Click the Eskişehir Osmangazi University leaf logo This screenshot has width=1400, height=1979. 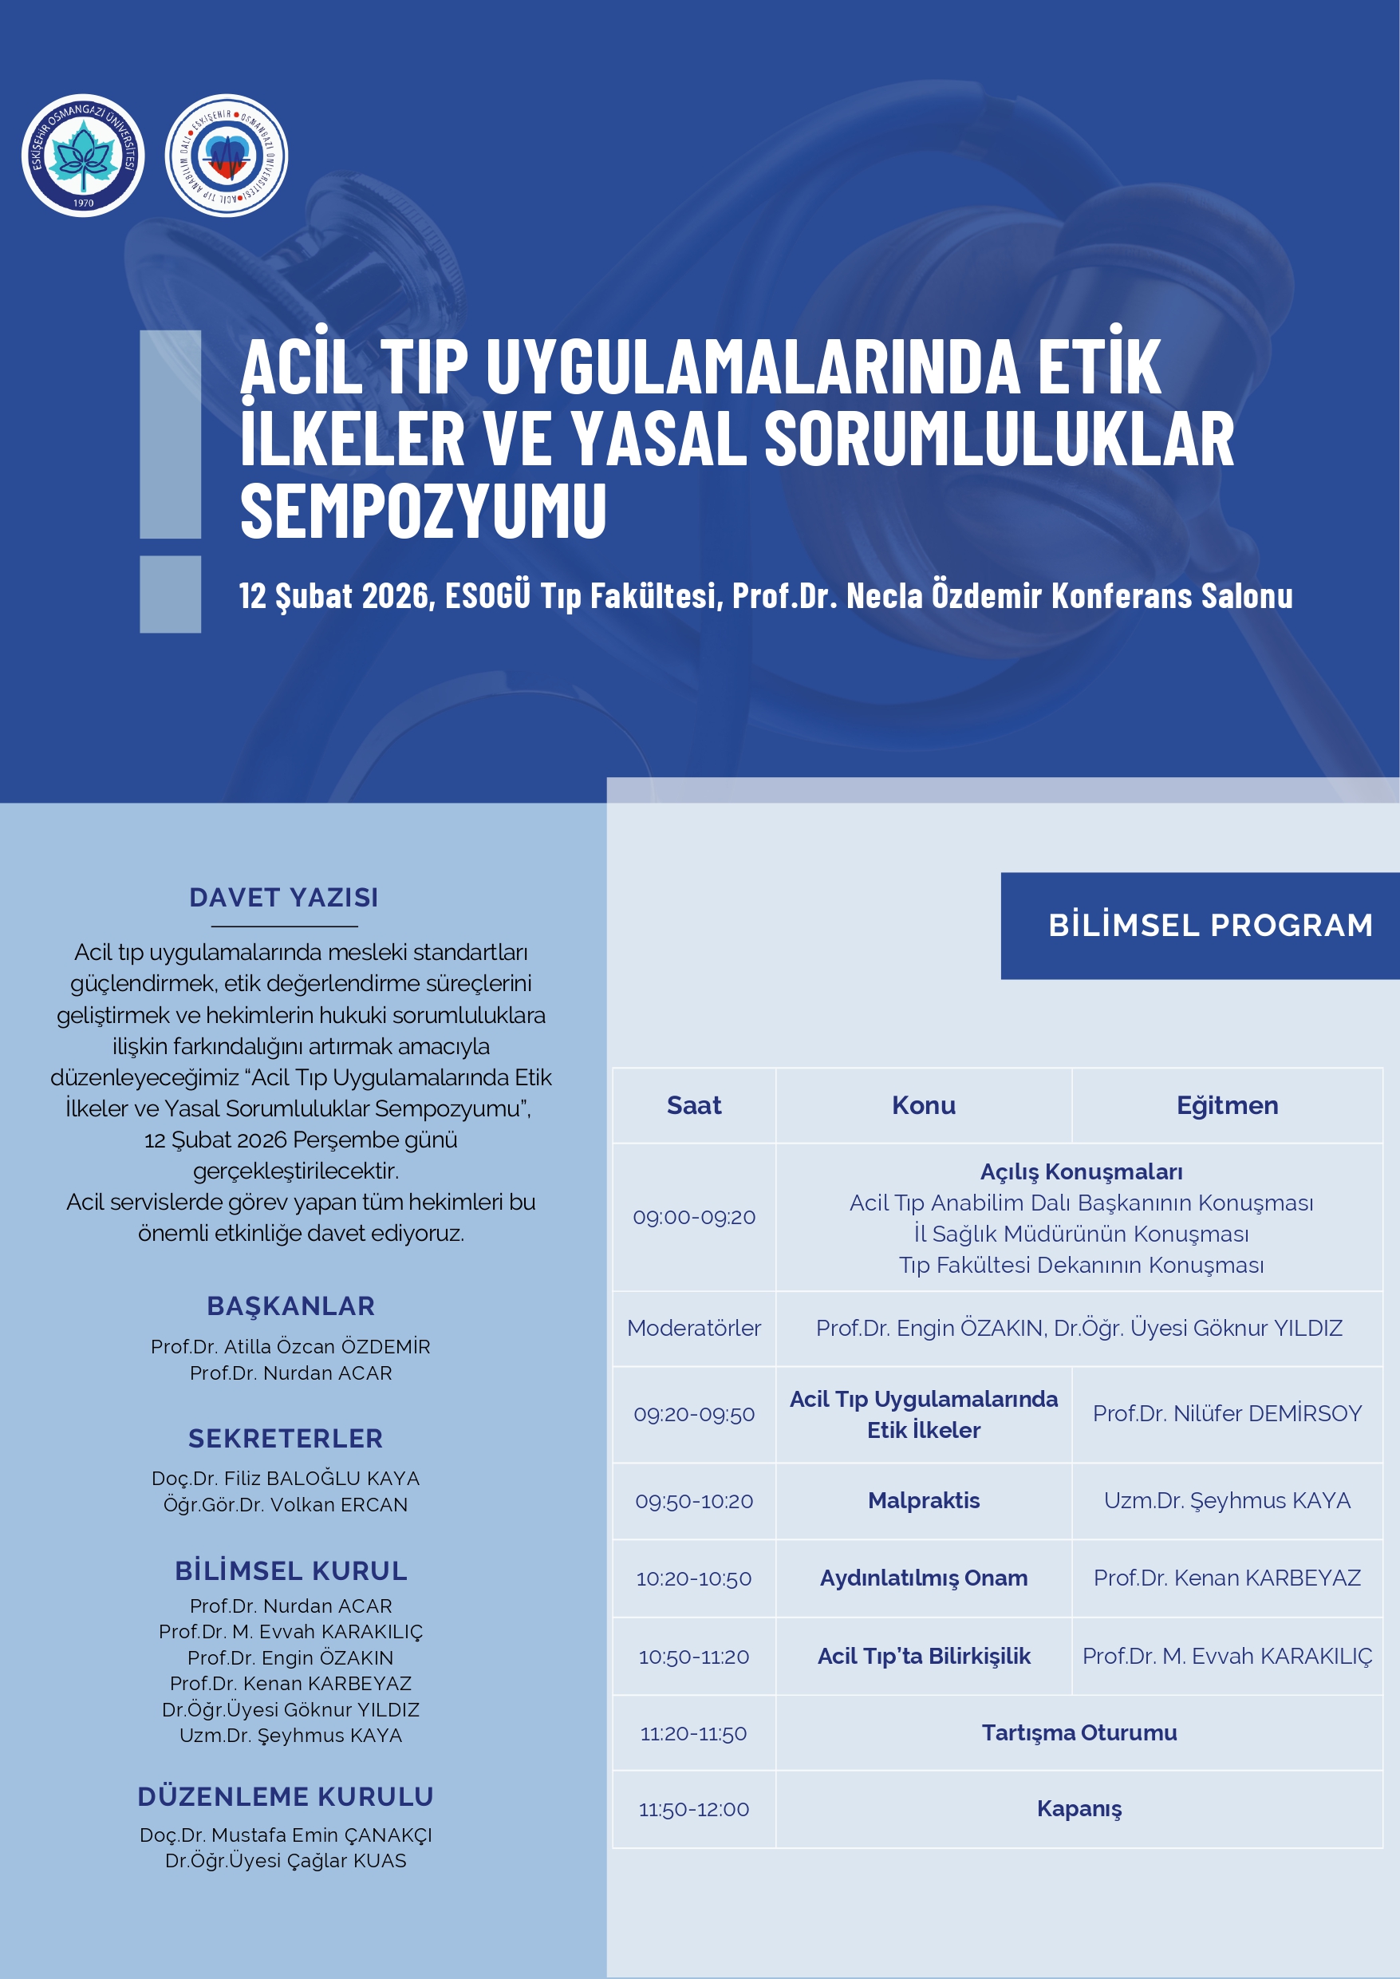[83, 156]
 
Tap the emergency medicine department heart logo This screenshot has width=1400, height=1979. [226, 156]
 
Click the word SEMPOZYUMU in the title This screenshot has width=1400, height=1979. [424, 512]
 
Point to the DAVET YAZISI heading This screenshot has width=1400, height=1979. [284, 898]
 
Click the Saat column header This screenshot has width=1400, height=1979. [694, 1105]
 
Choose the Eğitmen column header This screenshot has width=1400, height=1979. [1227, 1105]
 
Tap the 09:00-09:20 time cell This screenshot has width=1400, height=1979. [694, 1217]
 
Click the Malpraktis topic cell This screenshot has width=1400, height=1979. [923, 1500]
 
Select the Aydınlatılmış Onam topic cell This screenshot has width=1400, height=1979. [923, 1578]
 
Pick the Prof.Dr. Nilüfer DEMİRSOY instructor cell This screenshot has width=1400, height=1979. [1227, 1413]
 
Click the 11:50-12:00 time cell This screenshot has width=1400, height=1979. [694, 1809]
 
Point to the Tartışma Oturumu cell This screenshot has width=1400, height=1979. [1079, 1732]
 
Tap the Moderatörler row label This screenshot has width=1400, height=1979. [694, 1328]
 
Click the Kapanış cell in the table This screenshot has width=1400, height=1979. [1079, 1808]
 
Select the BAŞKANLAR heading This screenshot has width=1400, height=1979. [290, 1306]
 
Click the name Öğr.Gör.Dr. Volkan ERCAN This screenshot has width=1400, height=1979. [286, 1505]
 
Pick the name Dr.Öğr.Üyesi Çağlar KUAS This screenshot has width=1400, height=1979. [286, 1861]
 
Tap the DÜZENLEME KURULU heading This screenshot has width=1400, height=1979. [286, 1797]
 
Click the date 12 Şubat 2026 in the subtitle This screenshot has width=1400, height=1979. [336, 596]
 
